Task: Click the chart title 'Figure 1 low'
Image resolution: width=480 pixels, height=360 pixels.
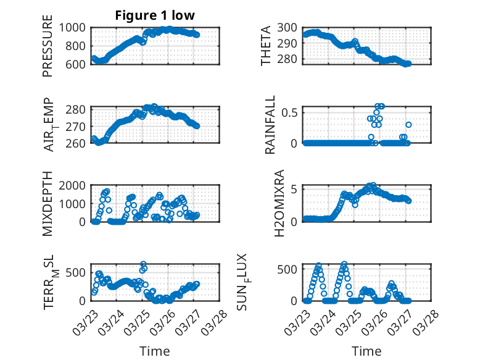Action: pos(155,16)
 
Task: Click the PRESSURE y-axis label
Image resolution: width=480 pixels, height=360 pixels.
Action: pos(48,50)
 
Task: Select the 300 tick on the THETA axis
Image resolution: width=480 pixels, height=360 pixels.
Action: pos(288,28)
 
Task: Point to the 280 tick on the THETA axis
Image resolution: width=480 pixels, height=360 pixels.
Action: pos(288,59)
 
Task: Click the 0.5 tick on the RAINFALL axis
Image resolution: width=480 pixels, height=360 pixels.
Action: pos(290,112)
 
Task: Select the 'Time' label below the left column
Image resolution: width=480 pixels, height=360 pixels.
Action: pos(155,351)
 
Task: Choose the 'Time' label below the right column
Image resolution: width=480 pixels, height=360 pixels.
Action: pos(366,351)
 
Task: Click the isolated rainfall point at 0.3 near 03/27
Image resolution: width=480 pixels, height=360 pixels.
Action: pos(408,125)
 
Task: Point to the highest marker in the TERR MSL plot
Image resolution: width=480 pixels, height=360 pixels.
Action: pos(143,264)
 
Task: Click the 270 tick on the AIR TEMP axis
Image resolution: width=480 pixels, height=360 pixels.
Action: pos(80,127)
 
